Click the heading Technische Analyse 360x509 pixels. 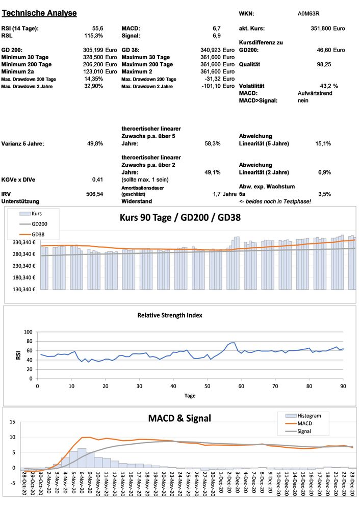pyautogui.click(x=39, y=13)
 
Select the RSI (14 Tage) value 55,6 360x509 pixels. pyautogui.click(x=97, y=29)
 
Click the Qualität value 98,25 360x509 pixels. pyautogui.click(x=324, y=65)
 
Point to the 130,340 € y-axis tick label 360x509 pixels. pyautogui.click(x=21, y=289)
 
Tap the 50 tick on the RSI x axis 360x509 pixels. pyautogui.click(x=207, y=386)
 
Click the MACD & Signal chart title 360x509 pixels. pyautogui.click(x=179, y=418)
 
